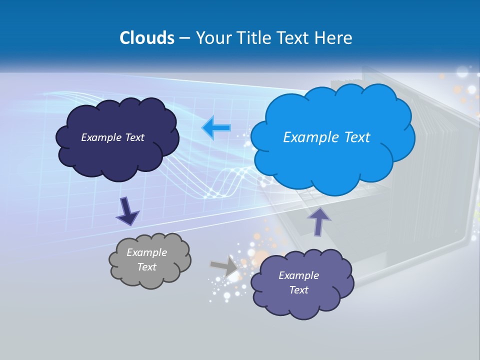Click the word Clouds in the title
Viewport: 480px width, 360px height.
tap(146, 38)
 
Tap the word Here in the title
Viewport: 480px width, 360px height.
tap(334, 38)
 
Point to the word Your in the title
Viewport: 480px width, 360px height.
tap(212, 38)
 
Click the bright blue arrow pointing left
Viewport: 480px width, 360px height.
tap(216, 128)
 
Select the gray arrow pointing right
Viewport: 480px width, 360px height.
tap(224, 266)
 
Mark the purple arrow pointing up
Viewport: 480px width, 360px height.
tap(318, 221)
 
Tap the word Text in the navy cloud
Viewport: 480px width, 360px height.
tap(134, 137)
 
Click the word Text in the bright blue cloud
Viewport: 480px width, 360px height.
tap(357, 137)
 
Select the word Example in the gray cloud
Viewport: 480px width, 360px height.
tap(146, 252)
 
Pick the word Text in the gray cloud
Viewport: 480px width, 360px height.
tap(146, 267)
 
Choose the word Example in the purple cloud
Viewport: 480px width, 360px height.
tap(298, 275)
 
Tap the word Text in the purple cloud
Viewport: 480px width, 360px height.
tap(298, 290)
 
